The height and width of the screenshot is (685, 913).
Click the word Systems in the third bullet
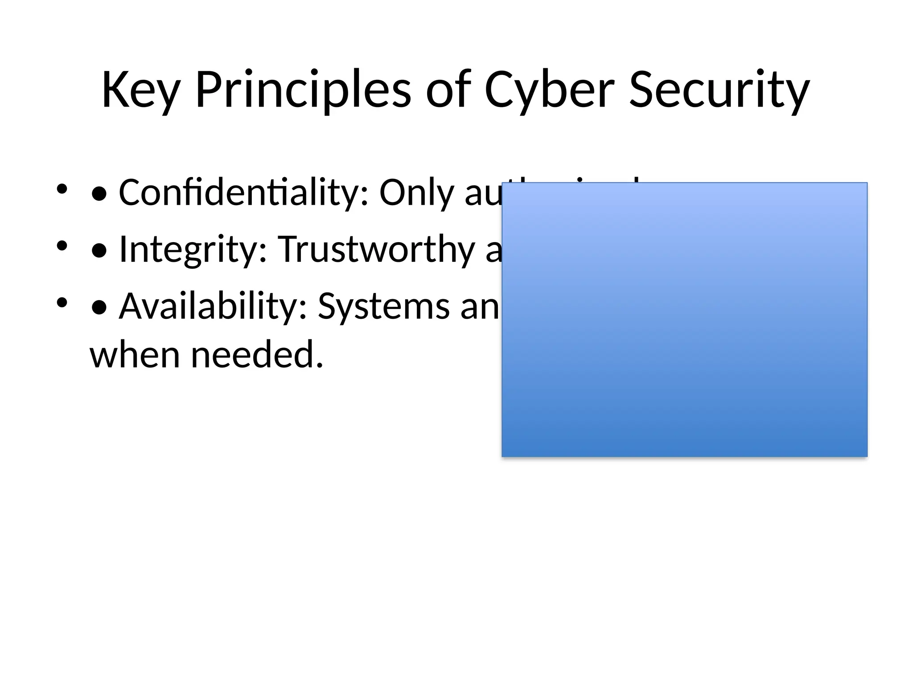384,306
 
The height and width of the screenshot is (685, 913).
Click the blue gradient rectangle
684,319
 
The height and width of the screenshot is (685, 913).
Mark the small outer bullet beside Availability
62,302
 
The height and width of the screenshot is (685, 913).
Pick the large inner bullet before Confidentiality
99,194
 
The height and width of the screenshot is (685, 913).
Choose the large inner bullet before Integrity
99,251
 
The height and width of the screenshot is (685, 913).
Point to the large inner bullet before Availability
99,308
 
